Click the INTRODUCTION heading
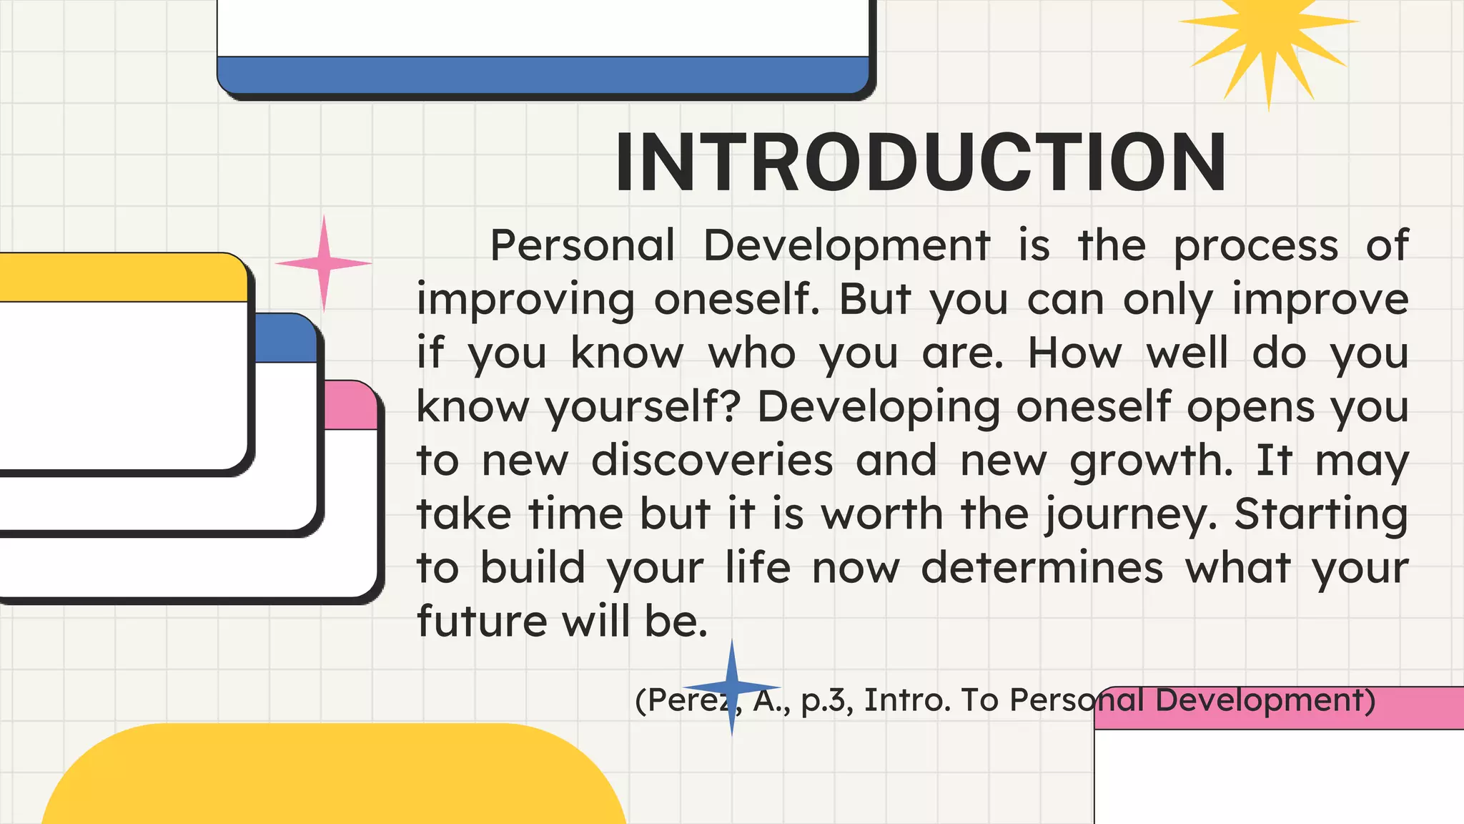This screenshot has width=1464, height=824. click(x=921, y=163)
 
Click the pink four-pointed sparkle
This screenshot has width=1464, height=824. click(x=323, y=263)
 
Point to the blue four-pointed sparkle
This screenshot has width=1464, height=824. click(x=731, y=687)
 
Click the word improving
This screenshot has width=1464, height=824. click(x=525, y=301)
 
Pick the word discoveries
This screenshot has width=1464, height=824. click(x=712, y=461)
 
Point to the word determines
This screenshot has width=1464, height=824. click(x=1042, y=569)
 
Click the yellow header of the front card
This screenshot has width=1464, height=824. click(x=122, y=278)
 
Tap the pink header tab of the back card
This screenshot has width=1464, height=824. click(x=350, y=406)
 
